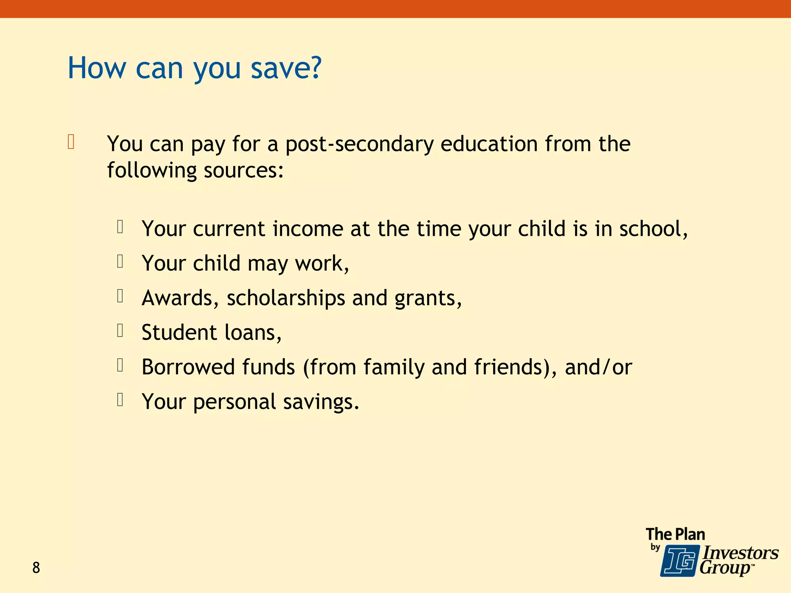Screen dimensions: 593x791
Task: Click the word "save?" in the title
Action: coord(286,68)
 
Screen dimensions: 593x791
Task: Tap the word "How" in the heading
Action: coord(97,68)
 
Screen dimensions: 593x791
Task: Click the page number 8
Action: coord(36,568)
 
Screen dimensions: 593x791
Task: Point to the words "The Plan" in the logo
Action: coord(675,534)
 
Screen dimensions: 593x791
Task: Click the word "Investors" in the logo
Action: coord(740,553)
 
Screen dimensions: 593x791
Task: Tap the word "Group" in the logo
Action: coord(725,568)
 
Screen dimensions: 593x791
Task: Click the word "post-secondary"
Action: coord(359,144)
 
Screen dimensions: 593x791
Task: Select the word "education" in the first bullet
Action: coord(489,144)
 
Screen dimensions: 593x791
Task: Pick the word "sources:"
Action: coord(244,170)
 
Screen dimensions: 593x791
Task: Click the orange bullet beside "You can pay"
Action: coord(71,142)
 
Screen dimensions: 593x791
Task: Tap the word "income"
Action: coord(307,229)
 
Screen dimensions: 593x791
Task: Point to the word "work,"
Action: coord(322,263)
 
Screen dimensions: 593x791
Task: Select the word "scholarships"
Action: coord(286,298)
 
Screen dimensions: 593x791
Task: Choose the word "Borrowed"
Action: coord(188,367)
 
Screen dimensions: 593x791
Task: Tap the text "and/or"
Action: coord(598,367)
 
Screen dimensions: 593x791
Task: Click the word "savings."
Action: coord(321,402)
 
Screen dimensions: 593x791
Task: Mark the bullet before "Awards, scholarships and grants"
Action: coord(120,296)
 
